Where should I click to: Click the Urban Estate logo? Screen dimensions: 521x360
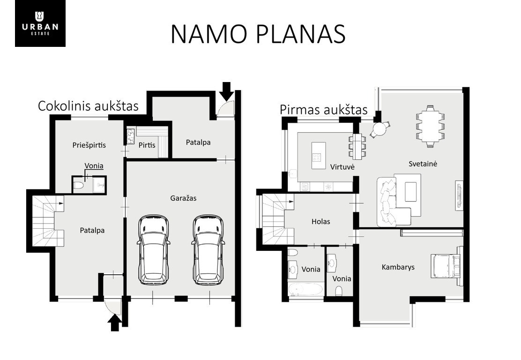(x=40, y=23)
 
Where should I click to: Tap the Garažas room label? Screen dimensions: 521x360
(x=183, y=198)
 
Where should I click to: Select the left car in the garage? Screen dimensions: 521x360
(x=153, y=250)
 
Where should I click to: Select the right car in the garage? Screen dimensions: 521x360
(x=208, y=250)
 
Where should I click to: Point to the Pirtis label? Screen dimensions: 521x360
(x=147, y=145)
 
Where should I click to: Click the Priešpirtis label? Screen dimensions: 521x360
(x=89, y=145)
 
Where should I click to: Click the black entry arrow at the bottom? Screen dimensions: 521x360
(x=115, y=323)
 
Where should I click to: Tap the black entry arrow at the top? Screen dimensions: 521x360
(x=227, y=91)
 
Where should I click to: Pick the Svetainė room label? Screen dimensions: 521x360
(x=423, y=164)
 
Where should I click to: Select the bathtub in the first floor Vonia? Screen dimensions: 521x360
(x=305, y=290)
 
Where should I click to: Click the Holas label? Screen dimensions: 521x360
(x=320, y=221)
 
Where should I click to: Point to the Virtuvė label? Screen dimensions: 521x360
(x=342, y=167)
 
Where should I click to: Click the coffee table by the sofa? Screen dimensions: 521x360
(x=410, y=191)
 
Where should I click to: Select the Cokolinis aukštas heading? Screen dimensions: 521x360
(x=88, y=106)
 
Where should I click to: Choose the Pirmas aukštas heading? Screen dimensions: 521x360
(x=324, y=110)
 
